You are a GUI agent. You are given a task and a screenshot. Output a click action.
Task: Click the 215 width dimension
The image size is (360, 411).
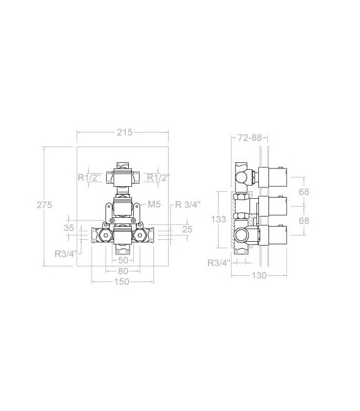124,133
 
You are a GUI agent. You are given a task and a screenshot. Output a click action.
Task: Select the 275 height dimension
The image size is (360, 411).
44,205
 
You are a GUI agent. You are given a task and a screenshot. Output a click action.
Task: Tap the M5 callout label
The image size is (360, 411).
154,204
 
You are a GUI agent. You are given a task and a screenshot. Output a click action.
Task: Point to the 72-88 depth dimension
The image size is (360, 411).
250,138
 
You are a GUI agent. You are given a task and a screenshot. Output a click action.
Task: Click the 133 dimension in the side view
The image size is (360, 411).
219,219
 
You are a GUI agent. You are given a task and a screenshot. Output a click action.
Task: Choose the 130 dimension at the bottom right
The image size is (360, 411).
259,275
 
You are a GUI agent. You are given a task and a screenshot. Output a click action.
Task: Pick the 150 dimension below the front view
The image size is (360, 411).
122,282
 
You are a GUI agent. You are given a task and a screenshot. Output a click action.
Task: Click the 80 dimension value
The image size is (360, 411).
123,271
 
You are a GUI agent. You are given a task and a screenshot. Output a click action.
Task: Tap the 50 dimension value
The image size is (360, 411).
123,260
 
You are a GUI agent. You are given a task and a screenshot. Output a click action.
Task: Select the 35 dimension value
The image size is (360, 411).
69,228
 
